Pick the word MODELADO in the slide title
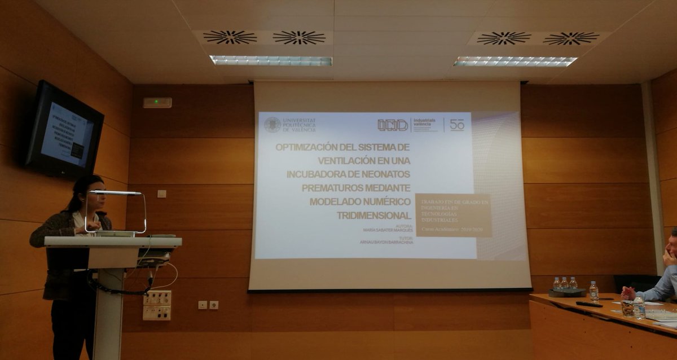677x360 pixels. coord(336,201)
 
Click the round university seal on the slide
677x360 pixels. coord(272,125)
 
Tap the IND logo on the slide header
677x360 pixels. coord(393,125)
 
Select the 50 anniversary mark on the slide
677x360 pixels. coord(457,125)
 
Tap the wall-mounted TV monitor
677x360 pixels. coord(64,131)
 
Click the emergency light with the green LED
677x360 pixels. coord(157,102)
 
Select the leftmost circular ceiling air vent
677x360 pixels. coord(230,37)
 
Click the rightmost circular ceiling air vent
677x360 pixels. coord(571,38)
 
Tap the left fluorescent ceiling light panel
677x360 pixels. coord(271,60)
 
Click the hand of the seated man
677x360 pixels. coord(628,293)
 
